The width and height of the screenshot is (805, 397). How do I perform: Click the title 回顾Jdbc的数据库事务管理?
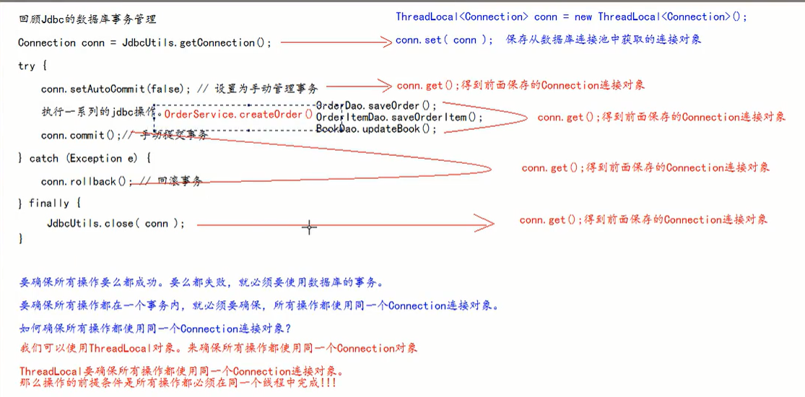coord(87,19)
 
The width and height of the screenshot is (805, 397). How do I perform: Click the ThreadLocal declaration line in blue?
coord(571,17)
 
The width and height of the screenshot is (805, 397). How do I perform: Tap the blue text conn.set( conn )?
coord(441,40)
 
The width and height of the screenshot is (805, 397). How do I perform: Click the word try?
coord(27,66)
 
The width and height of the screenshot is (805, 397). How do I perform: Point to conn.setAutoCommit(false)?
coord(116,90)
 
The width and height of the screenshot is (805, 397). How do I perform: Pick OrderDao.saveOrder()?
coord(376,106)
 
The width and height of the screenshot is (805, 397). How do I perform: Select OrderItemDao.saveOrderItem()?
coord(399,117)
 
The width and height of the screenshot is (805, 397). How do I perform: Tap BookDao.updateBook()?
coord(376,129)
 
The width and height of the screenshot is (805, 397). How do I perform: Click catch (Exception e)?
coord(90,158)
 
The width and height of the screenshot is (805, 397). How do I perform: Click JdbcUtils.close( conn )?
coord(116,224)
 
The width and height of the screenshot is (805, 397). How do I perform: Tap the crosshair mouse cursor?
coord(309,227)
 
